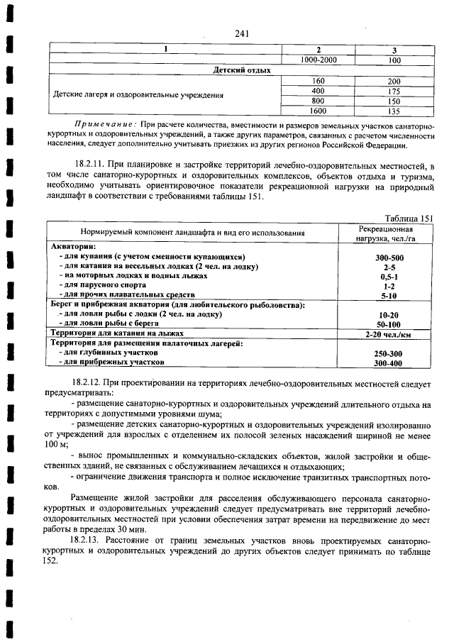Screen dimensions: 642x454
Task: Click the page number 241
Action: pyautogui.click(x=240, y=33)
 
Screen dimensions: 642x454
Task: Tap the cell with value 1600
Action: pyautogui.click(x=319, y=111)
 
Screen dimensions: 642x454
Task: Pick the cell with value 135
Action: pyautogui.click(x=394, y=111)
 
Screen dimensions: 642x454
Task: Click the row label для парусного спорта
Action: pyautogui.click(x=102, y=285)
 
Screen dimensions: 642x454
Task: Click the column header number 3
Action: pyautogui.click(x=394, y=50)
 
